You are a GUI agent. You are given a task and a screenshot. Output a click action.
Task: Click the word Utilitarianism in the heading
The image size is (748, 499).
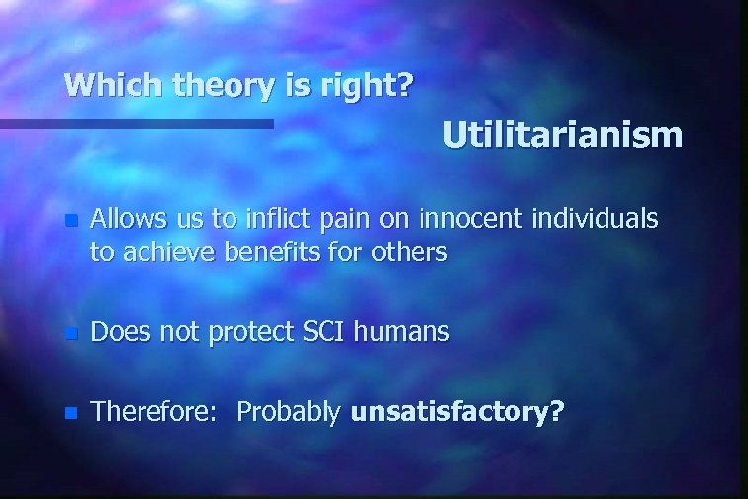(562, 134)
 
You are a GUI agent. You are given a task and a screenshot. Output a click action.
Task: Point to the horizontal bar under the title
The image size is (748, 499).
(137, 124)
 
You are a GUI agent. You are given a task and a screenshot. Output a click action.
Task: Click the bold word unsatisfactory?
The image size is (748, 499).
(458, 411)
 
